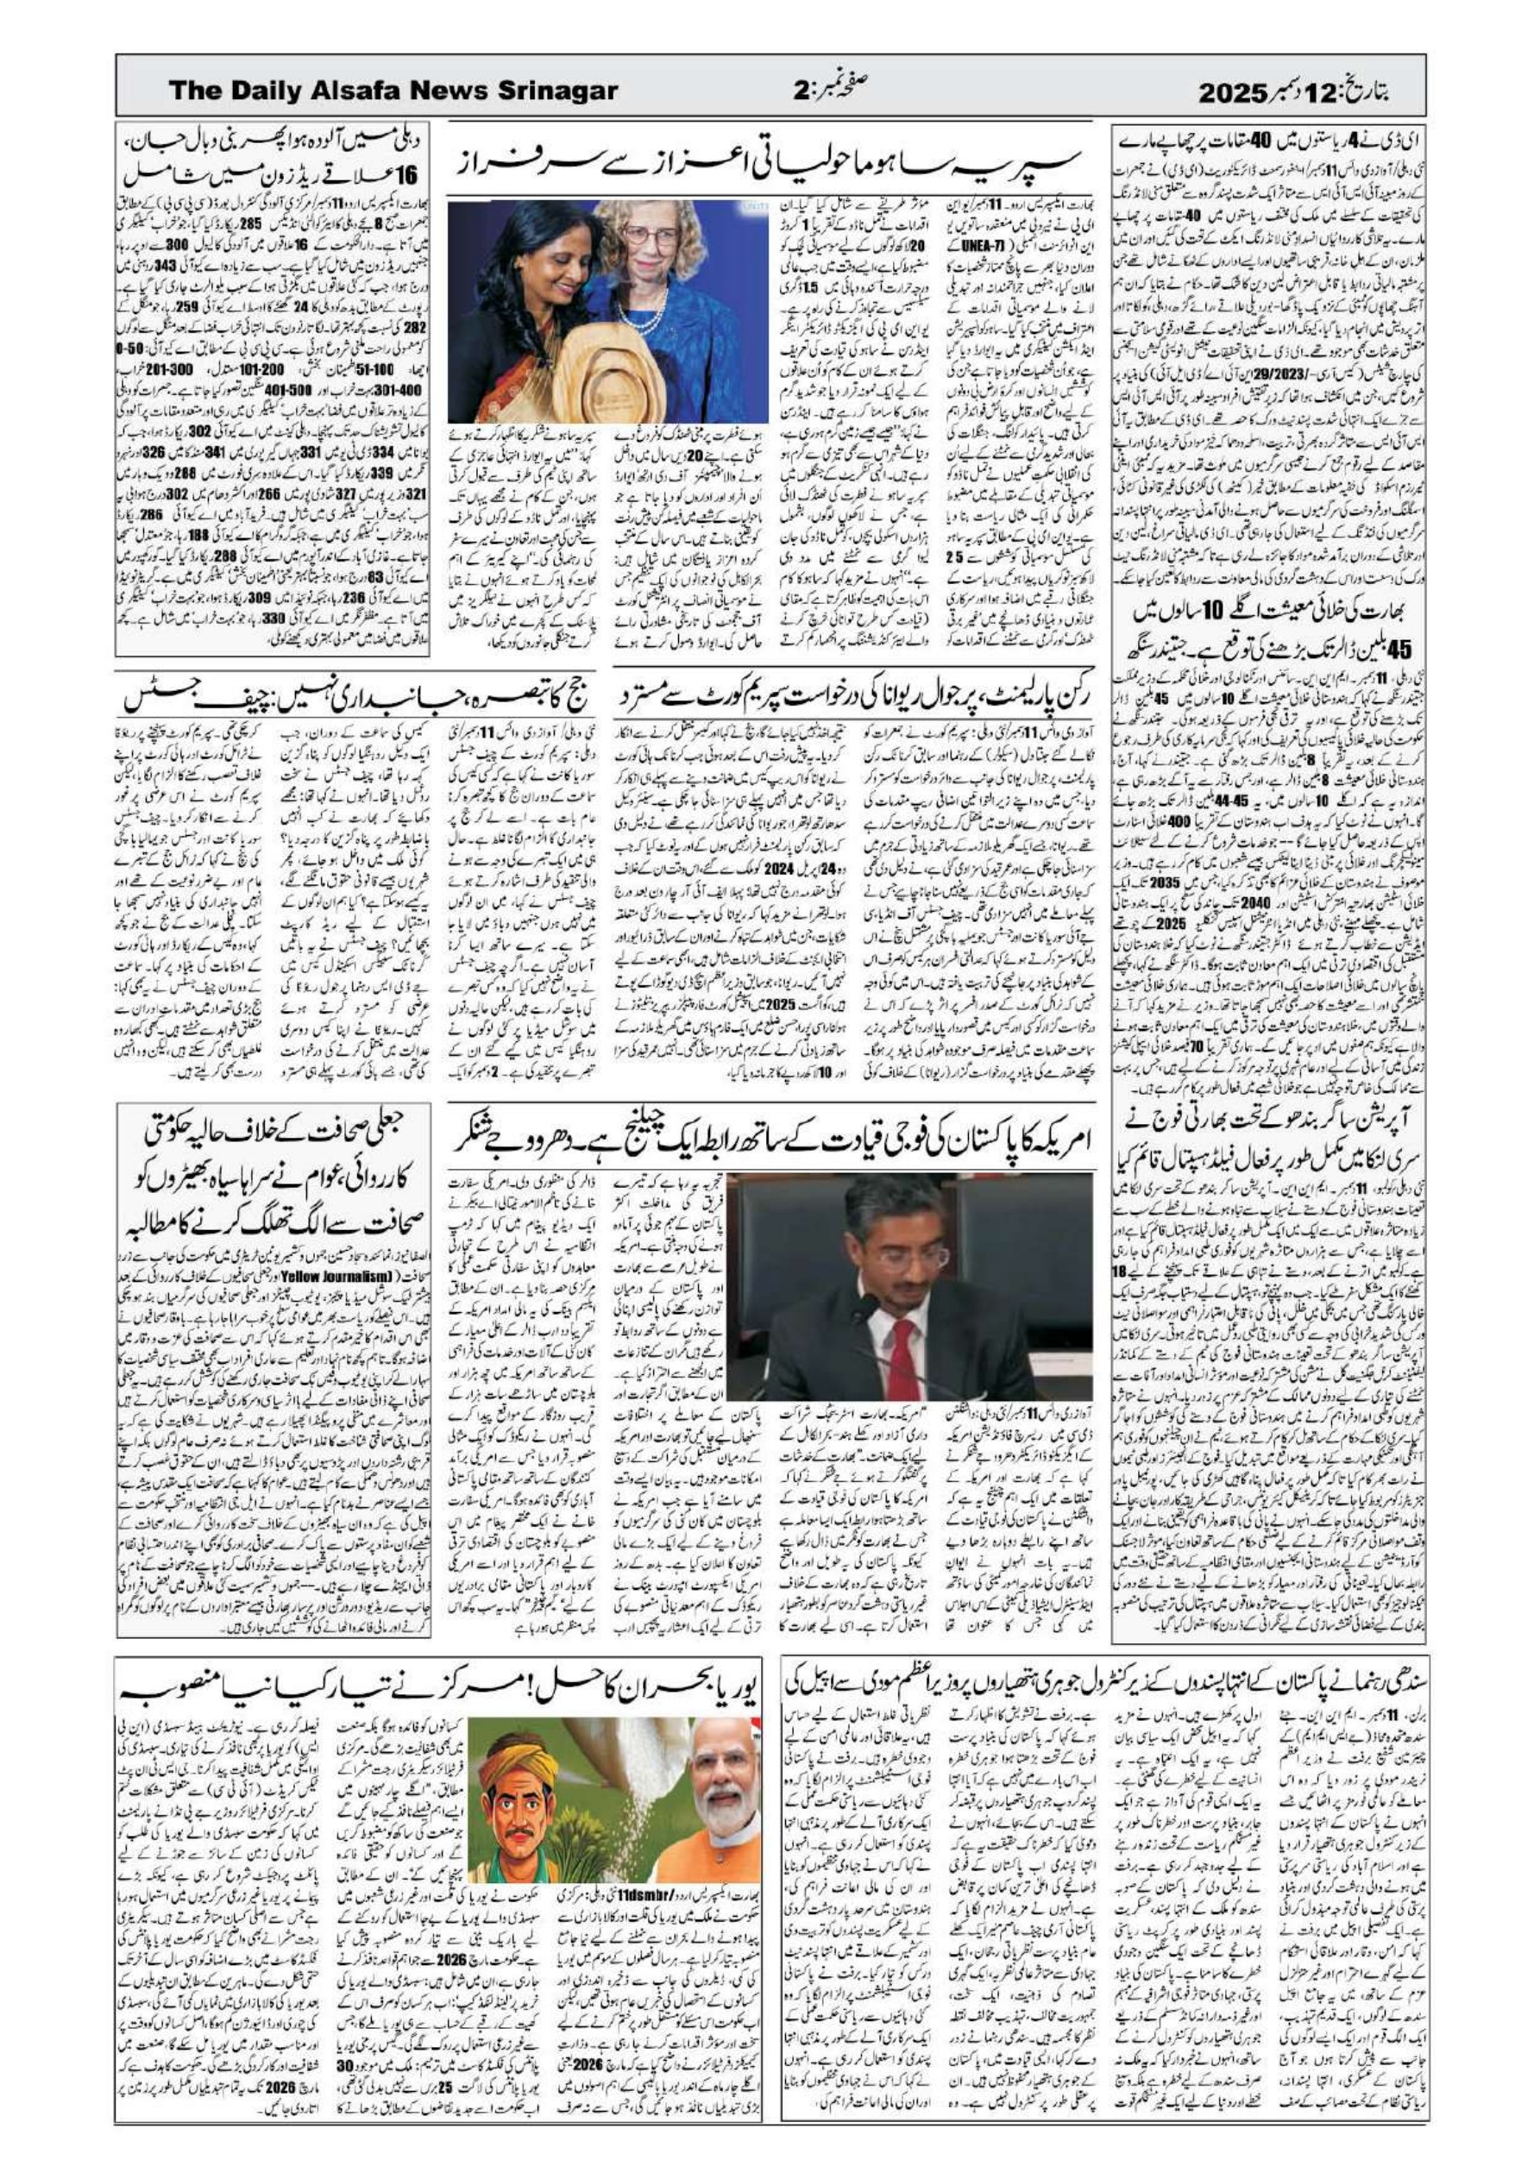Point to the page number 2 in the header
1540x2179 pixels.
[x=801, y=91]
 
